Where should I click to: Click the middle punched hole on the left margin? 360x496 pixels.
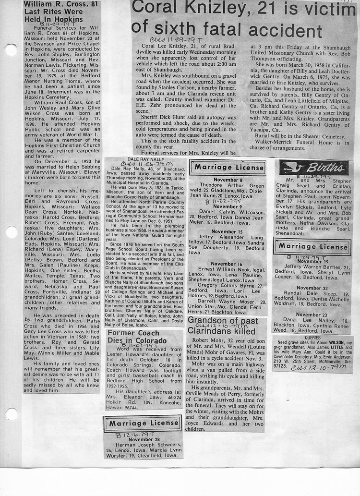click(x=10, y=232)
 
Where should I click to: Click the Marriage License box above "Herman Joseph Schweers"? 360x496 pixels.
click(x=143, y=423)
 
